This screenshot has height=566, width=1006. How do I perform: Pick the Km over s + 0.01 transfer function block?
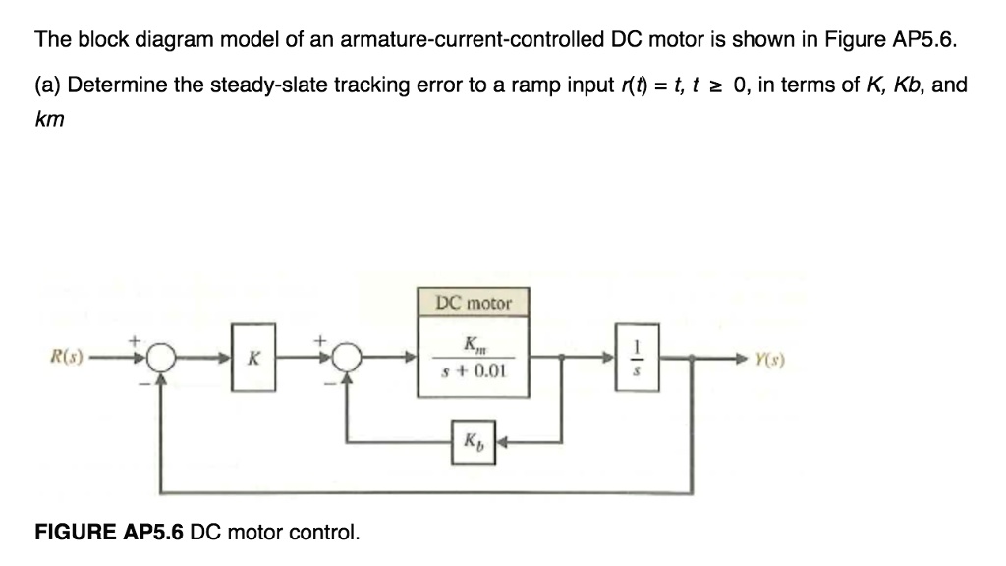click(x=473, y=358)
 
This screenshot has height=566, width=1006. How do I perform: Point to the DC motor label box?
click(x=474, y=303)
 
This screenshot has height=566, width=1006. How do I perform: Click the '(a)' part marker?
click(x=48, y=85)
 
